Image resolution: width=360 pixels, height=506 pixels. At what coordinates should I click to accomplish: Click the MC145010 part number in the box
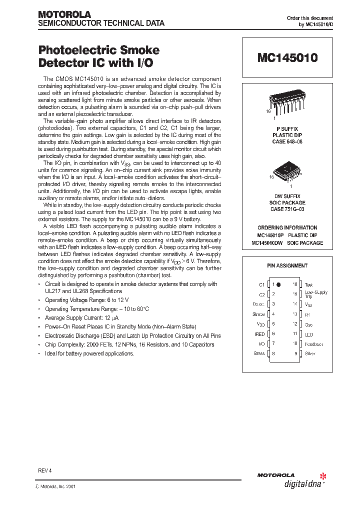(x=287, y=58)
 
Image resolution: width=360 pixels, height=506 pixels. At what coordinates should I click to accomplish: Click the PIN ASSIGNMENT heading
(x=287, y=265)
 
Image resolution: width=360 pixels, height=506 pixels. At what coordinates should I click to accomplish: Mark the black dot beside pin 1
(x=279, y=284)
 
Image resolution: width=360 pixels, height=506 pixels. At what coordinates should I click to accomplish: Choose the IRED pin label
(x=259, y=334)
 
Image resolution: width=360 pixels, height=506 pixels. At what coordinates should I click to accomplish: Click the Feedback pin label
(x=314, y=344)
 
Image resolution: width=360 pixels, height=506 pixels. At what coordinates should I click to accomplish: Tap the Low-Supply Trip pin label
(x=316, y=294)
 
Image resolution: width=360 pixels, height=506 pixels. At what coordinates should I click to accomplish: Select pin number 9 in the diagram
(x=295, y=354)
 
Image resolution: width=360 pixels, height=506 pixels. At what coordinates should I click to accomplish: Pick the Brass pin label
(x=259, y=354)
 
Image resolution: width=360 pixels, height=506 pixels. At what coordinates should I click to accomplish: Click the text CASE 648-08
(x=287, y=141)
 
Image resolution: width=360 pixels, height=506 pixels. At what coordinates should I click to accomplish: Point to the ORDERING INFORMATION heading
(x=287, y=227)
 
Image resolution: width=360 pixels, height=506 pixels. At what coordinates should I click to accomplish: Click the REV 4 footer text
(x=45, y=471)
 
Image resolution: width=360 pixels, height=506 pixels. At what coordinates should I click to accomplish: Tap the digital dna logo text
(x=301, y=483)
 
